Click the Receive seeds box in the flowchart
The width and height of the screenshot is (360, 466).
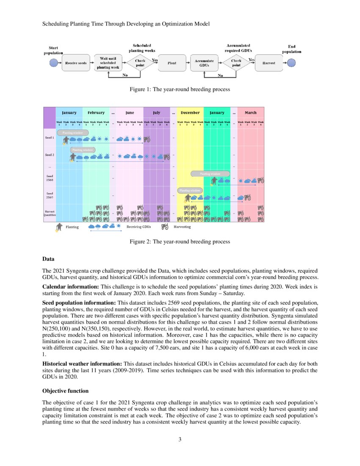coord(76,63)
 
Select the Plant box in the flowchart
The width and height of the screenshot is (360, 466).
coord(172,63)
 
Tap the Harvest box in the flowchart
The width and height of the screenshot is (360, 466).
coord(269,63)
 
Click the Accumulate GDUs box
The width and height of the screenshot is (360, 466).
coord(204,63)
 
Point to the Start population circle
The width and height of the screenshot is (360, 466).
coord(53,63)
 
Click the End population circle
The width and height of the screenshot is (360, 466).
coord(292,63)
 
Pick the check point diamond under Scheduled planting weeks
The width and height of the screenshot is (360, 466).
coord(140,63)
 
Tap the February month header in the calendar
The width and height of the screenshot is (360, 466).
coord(96,113)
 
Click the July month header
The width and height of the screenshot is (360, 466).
coord(157,113)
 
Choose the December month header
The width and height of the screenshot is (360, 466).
coord(190,113)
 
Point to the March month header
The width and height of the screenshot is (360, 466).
coord(250,113)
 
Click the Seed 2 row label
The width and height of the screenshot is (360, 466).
coord(50,155)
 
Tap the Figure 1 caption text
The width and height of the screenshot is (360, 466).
coord(180,89)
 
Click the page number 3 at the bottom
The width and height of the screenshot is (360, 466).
coord(180,439)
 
